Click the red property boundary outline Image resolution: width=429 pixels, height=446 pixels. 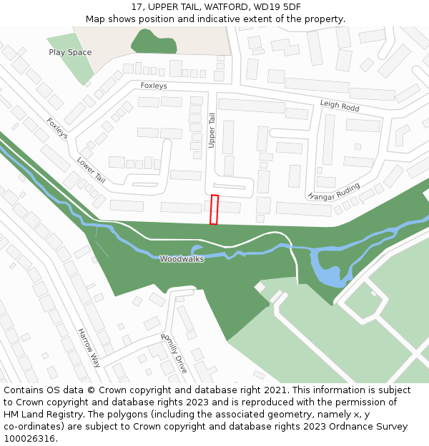(214, 210)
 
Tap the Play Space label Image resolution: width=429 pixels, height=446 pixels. (70, 52)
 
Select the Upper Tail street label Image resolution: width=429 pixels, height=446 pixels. (212, 131)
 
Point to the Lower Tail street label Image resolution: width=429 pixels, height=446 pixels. (91, 170)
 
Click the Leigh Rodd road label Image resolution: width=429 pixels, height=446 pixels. (340, 106)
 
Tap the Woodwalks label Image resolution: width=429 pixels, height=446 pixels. (182, 259)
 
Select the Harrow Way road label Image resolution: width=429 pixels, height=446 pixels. (89, 348)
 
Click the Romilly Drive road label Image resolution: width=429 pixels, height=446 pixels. (174, 354)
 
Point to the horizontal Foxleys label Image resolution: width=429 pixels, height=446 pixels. (154, 86)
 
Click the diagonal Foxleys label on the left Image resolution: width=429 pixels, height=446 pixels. (57, 128)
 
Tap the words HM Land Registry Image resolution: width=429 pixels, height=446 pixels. (39, 414)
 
